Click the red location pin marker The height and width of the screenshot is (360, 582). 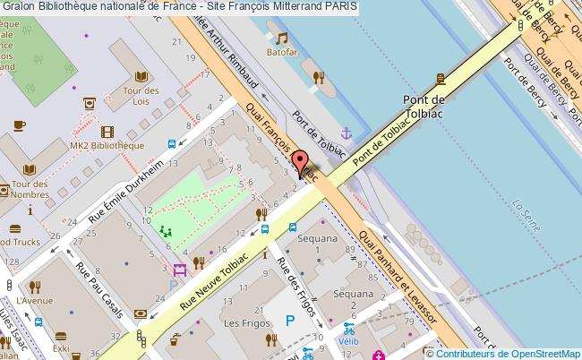point(300,164)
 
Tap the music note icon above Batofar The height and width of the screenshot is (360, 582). point(282,39)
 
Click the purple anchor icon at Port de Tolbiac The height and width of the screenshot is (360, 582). point(348,133)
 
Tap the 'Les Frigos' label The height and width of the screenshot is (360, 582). point(242,322)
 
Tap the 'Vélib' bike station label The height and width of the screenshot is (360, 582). point(348,341)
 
